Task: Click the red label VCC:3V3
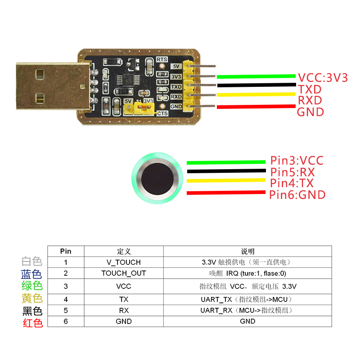pos(323,78)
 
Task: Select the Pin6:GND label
pos(297,195)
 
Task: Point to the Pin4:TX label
pos(292,183)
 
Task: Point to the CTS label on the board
pos(162,113)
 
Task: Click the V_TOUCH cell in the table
pos(124,262)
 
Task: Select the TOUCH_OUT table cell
pos(124,273)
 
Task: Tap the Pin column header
pos(66,251)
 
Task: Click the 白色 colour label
pos(31,261)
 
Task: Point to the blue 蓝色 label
pos(31,274)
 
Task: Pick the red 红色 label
pos(31,323)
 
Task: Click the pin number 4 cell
pos(66,299)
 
